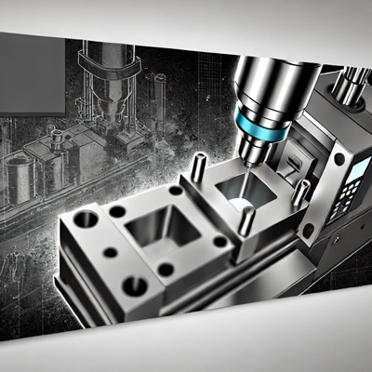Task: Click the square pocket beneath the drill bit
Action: tap(244, 194)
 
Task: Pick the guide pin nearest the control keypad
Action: tap(299, 193)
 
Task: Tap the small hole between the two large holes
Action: tap(109, 252)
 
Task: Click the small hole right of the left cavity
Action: tap(219, 241)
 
